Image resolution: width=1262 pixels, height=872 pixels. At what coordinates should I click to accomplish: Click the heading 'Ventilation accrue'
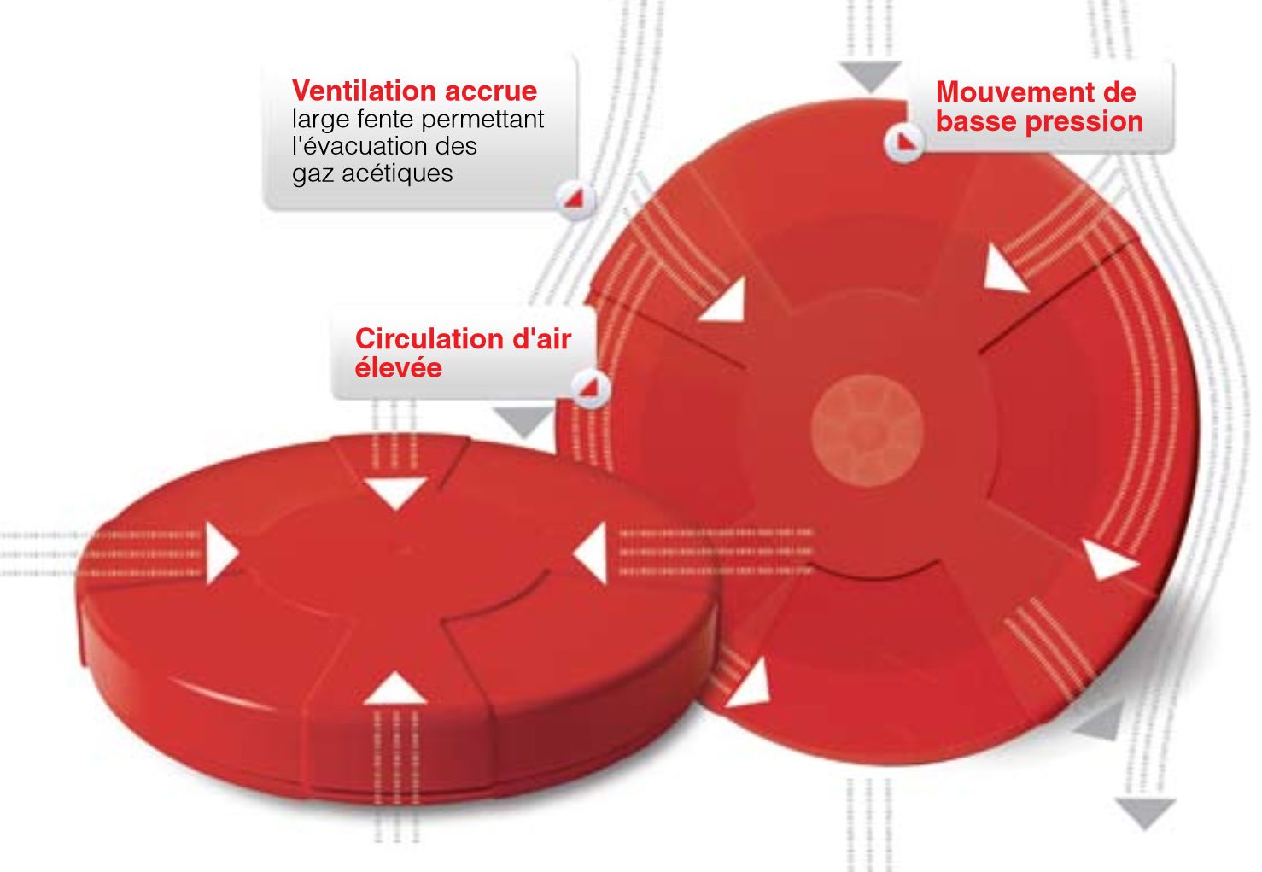tap(414, 91)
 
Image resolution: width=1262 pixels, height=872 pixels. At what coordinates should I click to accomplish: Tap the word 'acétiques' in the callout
tap(397, 173)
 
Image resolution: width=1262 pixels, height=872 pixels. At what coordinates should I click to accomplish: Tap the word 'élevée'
tap(398, 367)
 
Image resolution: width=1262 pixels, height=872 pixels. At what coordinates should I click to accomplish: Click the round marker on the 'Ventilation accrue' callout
tap(575, 199)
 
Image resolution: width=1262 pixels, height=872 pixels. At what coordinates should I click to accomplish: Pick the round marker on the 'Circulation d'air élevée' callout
tap(590, 389)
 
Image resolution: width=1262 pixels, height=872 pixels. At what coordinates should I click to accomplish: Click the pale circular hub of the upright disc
tap(867, 431)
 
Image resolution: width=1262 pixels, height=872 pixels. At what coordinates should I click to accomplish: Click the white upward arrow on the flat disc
tap(395, 688)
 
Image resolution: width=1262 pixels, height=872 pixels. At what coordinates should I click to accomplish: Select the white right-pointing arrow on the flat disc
tap(221, 553)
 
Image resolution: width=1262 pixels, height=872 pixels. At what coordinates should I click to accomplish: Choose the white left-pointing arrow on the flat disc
tap(591, 553)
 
